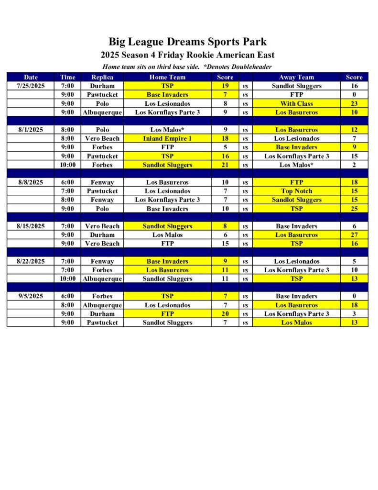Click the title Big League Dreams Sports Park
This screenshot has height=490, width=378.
(187, 42)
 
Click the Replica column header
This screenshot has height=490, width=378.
(102, 77)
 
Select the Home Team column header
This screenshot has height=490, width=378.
(167, 77)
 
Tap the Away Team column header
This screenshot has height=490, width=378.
(296, 77)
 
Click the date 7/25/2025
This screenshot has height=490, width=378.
(31, 86)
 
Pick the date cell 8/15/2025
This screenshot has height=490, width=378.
(31, 226)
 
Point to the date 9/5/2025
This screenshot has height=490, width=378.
(31, 296)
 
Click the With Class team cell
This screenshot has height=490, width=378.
(296, 103)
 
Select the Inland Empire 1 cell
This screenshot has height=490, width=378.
(167, 139)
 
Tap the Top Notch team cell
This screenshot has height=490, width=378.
(296, 191)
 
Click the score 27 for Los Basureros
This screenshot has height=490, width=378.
(354, 235)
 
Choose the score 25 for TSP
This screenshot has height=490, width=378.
(354, 209)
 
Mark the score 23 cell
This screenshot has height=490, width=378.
(354, 103)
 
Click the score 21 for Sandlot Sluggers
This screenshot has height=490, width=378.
(225, 165)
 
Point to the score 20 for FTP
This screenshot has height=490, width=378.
(225, 314)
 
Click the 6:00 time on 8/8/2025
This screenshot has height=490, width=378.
(67, 182)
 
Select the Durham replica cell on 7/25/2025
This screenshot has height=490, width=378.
(102, 86)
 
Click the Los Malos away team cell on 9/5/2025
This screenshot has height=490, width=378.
(296, 323)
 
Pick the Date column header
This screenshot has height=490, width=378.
(31, 77)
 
